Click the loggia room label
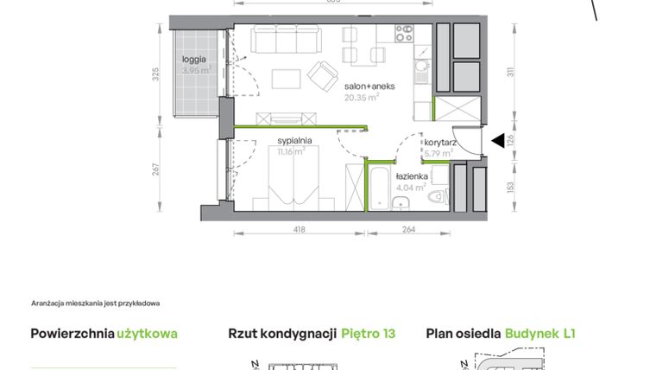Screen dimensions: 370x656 [194, 60]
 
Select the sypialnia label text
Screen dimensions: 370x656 [294, 140]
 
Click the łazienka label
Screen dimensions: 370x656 [413, 176]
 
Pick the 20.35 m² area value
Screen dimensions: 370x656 [363, 98]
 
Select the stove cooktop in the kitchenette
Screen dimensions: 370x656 [406, 34]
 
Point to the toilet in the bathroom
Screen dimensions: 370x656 [439, 197]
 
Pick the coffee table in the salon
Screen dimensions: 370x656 [286, 79]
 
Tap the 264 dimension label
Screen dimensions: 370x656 [409, 230]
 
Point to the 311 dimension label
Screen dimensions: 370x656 [509, 73]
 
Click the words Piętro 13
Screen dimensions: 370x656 [368, 333]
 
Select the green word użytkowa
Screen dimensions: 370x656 [148, 333]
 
